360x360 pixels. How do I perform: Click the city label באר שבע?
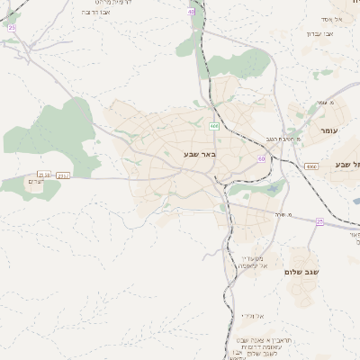click(x=199, y=156)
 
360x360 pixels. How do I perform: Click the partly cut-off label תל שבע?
click(x=346, y=164)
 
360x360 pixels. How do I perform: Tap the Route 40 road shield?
click(x=192, y=12)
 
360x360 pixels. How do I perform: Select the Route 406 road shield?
click(x=214, y=124)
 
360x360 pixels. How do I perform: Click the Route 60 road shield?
click(x=261, y=158)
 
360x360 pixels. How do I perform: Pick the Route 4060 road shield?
click(x=311, y=166)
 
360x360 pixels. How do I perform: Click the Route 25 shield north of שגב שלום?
click(x=319, y=220)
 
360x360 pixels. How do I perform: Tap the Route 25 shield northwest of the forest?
click(x=12, y=28)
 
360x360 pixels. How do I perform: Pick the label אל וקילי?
click(x=253, y=315)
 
